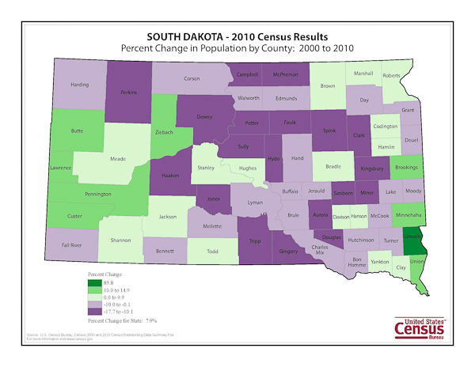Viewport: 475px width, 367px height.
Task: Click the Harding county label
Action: click(x=80, y=84)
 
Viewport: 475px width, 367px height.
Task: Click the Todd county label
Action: click(x=212, y=252)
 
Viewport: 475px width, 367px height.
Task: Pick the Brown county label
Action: click(x=327, y=85)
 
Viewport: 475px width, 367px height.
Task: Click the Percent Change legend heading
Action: click(x=106, y=274)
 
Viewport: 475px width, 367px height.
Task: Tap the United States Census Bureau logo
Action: click(x=420, y=327)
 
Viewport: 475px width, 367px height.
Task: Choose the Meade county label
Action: click(x=117, y=158)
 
